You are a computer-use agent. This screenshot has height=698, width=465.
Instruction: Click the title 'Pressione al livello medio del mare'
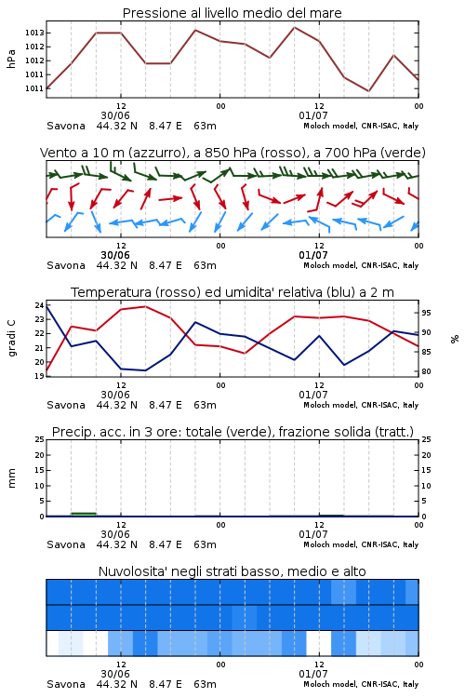[x=232, y=13]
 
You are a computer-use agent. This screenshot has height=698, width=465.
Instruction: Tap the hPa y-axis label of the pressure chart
[x=11, y=59]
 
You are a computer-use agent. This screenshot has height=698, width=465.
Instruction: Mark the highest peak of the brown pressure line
[x=294, y=27]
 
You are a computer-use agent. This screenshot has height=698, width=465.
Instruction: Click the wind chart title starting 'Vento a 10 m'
[x=232, y=153]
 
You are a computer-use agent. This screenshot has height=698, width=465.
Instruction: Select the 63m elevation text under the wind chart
[x=205, y=265]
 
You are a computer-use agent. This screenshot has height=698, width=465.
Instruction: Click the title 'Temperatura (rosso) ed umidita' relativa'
[x=232, y=292]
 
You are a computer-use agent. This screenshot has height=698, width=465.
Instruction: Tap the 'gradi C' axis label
[x=11, y=339]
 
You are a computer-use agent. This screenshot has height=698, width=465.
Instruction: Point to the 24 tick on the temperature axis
[x=39, y=305]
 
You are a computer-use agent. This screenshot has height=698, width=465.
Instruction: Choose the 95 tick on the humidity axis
[x=426, y=313]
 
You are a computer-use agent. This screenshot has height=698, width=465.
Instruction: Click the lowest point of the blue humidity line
[x=145, y=370]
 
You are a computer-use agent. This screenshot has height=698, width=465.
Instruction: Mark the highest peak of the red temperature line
[x=145, y=306]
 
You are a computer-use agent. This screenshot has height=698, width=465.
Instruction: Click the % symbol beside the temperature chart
[x=455, y=339]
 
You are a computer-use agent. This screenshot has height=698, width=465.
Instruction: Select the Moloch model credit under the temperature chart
[x=361, y=405]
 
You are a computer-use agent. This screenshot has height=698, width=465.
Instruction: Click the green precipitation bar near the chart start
[x=84, y=514]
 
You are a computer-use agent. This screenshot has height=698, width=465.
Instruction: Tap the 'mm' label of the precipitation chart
[x=11, y=477]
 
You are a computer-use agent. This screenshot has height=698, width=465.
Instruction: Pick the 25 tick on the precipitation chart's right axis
[x=426, y=439]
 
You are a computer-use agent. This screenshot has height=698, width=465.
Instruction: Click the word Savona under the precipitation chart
[x=66, y=544]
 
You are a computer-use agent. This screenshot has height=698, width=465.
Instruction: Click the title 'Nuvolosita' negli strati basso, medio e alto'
[x=232, y=571]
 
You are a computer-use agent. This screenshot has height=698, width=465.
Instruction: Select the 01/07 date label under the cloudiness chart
[x=312, y=674]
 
